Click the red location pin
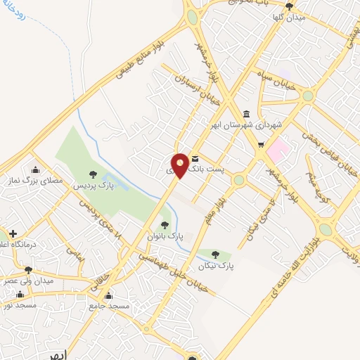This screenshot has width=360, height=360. (180, 165)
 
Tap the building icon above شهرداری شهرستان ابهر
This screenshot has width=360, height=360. (245, 114)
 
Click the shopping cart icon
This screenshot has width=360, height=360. (261, 146)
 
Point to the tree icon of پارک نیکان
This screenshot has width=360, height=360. (216, 255)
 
